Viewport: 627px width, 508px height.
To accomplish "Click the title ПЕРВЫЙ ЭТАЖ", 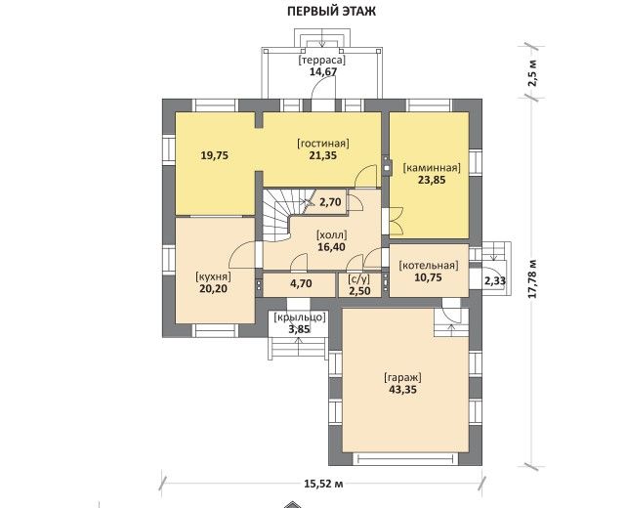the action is coord(331,11).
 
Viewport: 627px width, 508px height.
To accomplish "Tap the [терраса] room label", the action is coord(322,61).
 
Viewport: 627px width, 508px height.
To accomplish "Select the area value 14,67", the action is coord(323,72).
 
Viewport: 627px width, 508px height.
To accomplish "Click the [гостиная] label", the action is coord(323,144).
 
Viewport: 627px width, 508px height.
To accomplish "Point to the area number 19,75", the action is coord(215,155).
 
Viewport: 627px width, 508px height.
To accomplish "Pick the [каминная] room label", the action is coord(432,168).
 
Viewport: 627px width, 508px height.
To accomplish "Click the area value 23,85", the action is coord(432,180).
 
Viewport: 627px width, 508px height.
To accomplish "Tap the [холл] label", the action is coord(331,234).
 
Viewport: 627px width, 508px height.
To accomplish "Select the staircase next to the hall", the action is coord(284,215).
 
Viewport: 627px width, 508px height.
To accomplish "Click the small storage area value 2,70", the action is coord(331,202).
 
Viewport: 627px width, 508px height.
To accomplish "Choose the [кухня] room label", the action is coord(213,276).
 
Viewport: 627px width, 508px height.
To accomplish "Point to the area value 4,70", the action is coord(301,283).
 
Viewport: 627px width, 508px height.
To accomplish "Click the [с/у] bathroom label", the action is coord(359,278).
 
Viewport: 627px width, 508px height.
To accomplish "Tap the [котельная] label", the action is coord(429,266).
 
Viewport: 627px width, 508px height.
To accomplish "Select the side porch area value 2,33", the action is coord(495,281).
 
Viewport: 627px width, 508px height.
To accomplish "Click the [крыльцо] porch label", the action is coord(300,317).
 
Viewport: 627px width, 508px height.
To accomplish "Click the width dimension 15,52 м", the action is coord(323,484).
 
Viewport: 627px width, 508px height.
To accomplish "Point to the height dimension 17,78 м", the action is coord(532,278).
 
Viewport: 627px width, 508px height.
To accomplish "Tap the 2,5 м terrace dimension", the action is coord(532,73).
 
